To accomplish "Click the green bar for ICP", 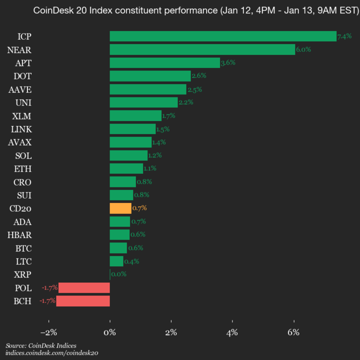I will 223,36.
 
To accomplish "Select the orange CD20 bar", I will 120,208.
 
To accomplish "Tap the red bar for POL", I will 84,287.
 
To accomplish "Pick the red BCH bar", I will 83,301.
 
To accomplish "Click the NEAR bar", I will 202,49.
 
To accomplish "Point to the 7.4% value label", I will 344,36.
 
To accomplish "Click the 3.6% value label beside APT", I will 228,63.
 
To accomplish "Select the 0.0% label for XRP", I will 118,274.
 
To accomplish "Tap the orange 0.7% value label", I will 139,208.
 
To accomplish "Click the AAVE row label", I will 20,89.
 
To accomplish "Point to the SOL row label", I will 23,155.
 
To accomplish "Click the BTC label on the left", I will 23,248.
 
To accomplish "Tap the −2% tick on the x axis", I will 48,332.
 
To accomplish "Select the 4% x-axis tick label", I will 232,332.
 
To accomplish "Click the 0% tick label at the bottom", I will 110,332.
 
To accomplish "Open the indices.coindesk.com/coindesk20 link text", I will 51,353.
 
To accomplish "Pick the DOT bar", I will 150,76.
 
